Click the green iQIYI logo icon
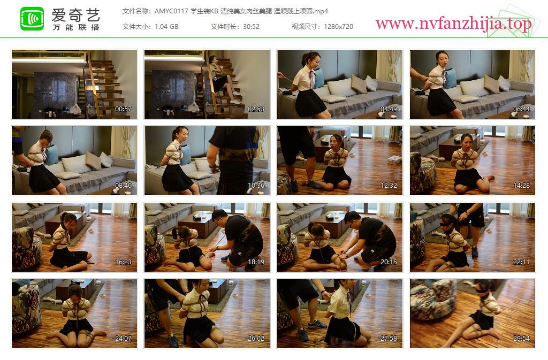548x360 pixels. [32, 19]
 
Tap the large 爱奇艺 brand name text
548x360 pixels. [76, 15]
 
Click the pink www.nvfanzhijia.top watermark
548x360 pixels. [453, 24]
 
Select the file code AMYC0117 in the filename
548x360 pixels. [171, 11]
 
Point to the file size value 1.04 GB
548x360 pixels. [167, 27]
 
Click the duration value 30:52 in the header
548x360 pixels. [252, 27]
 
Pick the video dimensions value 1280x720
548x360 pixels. [338, 27]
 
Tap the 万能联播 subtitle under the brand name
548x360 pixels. [76, 27]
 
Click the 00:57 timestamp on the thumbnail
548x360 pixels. [123, 109]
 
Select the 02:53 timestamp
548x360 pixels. [256, 109]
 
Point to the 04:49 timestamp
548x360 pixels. [389, 109]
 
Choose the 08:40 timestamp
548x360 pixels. [123, 186]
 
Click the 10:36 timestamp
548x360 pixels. [256, 186]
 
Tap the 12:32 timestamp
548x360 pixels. [389, 186]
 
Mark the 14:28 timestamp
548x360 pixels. [521, 186]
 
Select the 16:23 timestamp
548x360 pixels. [123, 262]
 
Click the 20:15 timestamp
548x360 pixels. [389, 262]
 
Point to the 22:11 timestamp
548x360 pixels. [521, 262]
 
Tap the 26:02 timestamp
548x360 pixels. [256, 339]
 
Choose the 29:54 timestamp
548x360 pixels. [521, 339]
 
